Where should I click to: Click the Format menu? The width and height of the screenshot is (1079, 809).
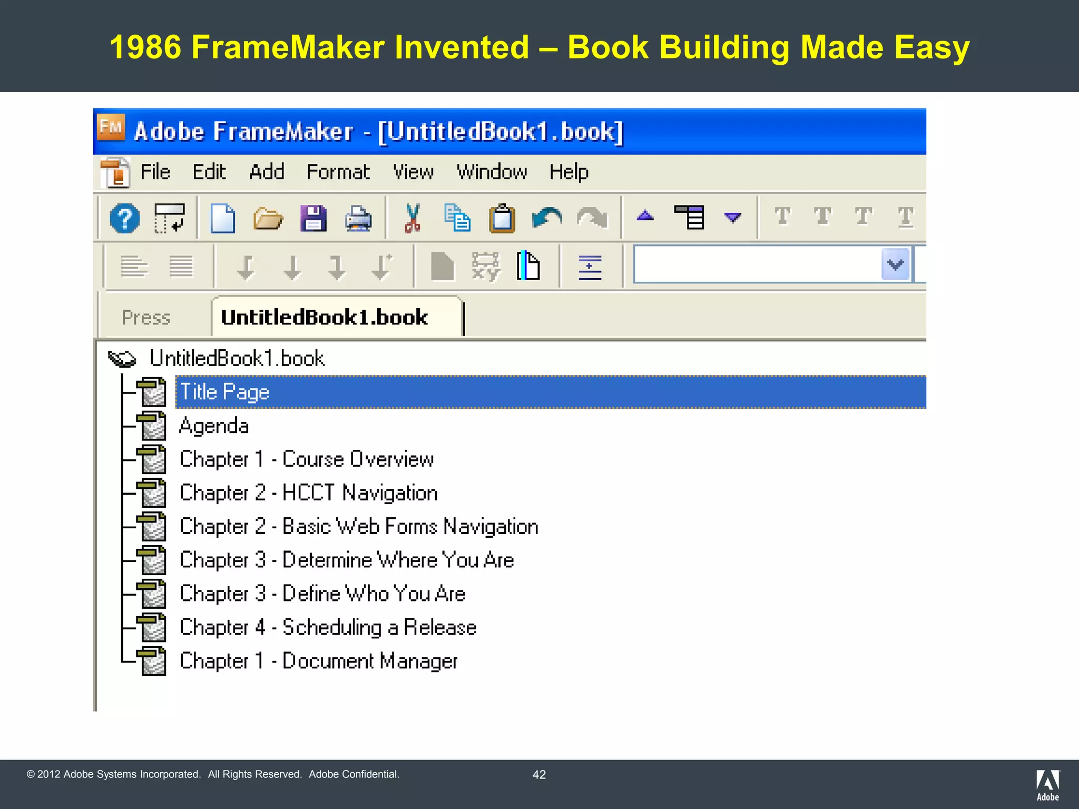tap(338, 172)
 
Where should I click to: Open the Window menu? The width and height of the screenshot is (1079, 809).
tap(492, 172)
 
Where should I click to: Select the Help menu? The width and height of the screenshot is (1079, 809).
tap(568, 172)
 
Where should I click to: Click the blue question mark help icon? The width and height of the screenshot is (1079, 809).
tap(125, 218)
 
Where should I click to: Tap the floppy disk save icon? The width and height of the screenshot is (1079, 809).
tap(313, 218)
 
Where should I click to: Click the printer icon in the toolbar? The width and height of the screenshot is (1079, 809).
tap(358, 218)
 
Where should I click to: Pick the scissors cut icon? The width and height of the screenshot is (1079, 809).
tap(413, 218)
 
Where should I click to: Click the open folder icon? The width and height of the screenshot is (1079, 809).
tap(268, 218)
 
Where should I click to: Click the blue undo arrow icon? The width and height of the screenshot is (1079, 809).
tap(547, 218)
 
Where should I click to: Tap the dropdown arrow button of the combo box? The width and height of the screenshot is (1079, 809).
tap(895, 264)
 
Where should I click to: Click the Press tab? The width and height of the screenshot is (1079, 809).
tap(146, 318)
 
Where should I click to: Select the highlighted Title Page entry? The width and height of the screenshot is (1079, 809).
tap(225, 392)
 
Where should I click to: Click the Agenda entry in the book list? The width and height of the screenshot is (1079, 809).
tap(214, 426)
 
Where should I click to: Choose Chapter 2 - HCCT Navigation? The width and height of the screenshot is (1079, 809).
tap(309, 493)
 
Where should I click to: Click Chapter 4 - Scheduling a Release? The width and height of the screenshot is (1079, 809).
tap(328, 627)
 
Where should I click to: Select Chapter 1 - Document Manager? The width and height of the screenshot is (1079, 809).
tap(318, 661)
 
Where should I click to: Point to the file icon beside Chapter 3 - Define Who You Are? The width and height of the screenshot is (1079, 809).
tap(152, 594)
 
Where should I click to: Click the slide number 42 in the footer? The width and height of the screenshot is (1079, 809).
tap(539, 774)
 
